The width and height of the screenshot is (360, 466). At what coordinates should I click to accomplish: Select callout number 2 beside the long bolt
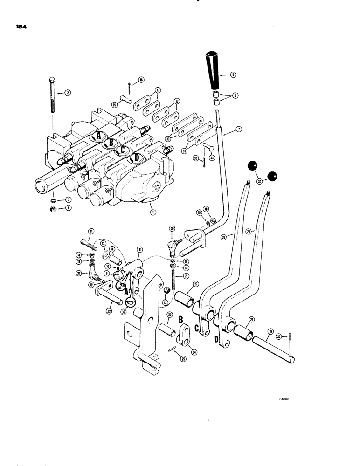(68, 93)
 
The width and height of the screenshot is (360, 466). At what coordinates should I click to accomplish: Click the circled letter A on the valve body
(97, 136)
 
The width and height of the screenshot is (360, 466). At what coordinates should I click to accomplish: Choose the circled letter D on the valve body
(136, 158)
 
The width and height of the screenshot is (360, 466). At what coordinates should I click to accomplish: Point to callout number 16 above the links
(128, 80)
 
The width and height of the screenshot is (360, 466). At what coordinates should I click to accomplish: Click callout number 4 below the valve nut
(68, 208)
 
